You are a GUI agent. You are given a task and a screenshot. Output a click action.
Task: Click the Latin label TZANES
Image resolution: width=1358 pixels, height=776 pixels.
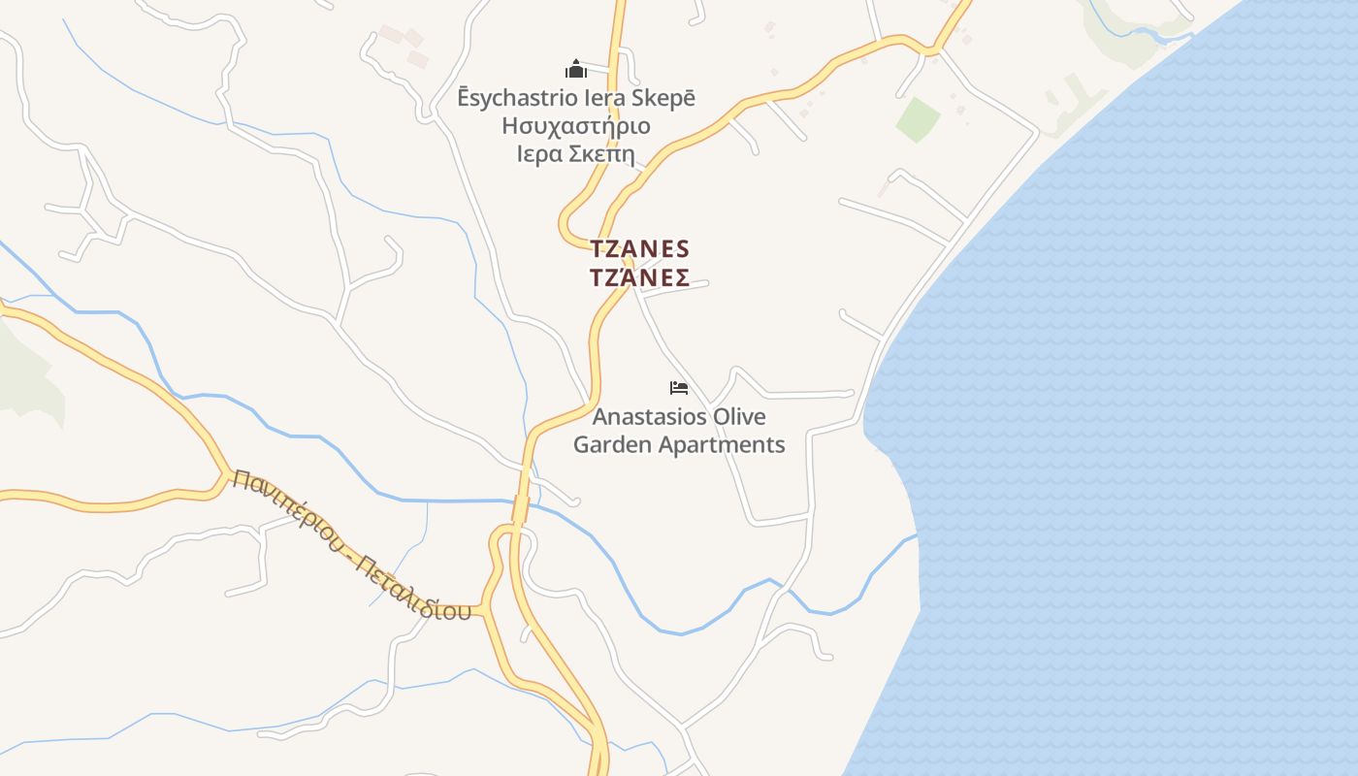(639, 248)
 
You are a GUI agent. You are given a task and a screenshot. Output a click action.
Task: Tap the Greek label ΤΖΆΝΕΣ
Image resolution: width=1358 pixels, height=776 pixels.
(639, 278)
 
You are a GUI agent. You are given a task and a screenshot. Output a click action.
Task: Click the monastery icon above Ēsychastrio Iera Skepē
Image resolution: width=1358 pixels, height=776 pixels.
(576, 69)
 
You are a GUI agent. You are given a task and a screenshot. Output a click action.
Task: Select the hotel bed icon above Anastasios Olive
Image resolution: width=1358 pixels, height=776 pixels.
(679, 388)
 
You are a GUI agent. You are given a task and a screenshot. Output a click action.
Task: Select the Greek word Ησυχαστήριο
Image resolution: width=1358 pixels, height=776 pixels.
(576, 126)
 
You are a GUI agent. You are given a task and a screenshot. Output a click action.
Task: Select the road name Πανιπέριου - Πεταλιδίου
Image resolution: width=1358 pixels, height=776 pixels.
(352, 545)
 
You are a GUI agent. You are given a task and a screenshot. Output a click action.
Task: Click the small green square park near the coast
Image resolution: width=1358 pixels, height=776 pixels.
(918, 119)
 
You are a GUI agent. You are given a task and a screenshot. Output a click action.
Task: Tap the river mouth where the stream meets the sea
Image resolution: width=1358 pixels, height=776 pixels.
(916, 536)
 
